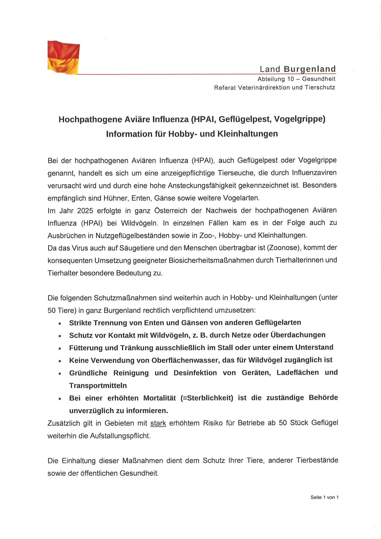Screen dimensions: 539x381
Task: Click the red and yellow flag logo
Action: click(63, 57)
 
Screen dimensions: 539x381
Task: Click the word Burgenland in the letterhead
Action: click(309, 69)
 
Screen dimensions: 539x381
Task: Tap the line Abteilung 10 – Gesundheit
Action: click(296, 79)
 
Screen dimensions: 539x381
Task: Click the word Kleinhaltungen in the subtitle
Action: click(247, 133)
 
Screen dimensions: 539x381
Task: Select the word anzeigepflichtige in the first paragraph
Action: click(178, 173)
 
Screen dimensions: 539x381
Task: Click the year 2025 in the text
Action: click(85, 210)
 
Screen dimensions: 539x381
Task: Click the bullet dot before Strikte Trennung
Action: click(60, 323)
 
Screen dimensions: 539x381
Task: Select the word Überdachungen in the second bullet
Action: click(298, 335)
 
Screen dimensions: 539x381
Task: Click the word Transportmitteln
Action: click(98, 385)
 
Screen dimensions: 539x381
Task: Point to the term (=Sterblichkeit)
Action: click(207, 398)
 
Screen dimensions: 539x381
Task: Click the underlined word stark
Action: click(158, 423)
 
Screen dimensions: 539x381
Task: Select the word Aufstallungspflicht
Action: click(120, 435)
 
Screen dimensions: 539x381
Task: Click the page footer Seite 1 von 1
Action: click(324, 497)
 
